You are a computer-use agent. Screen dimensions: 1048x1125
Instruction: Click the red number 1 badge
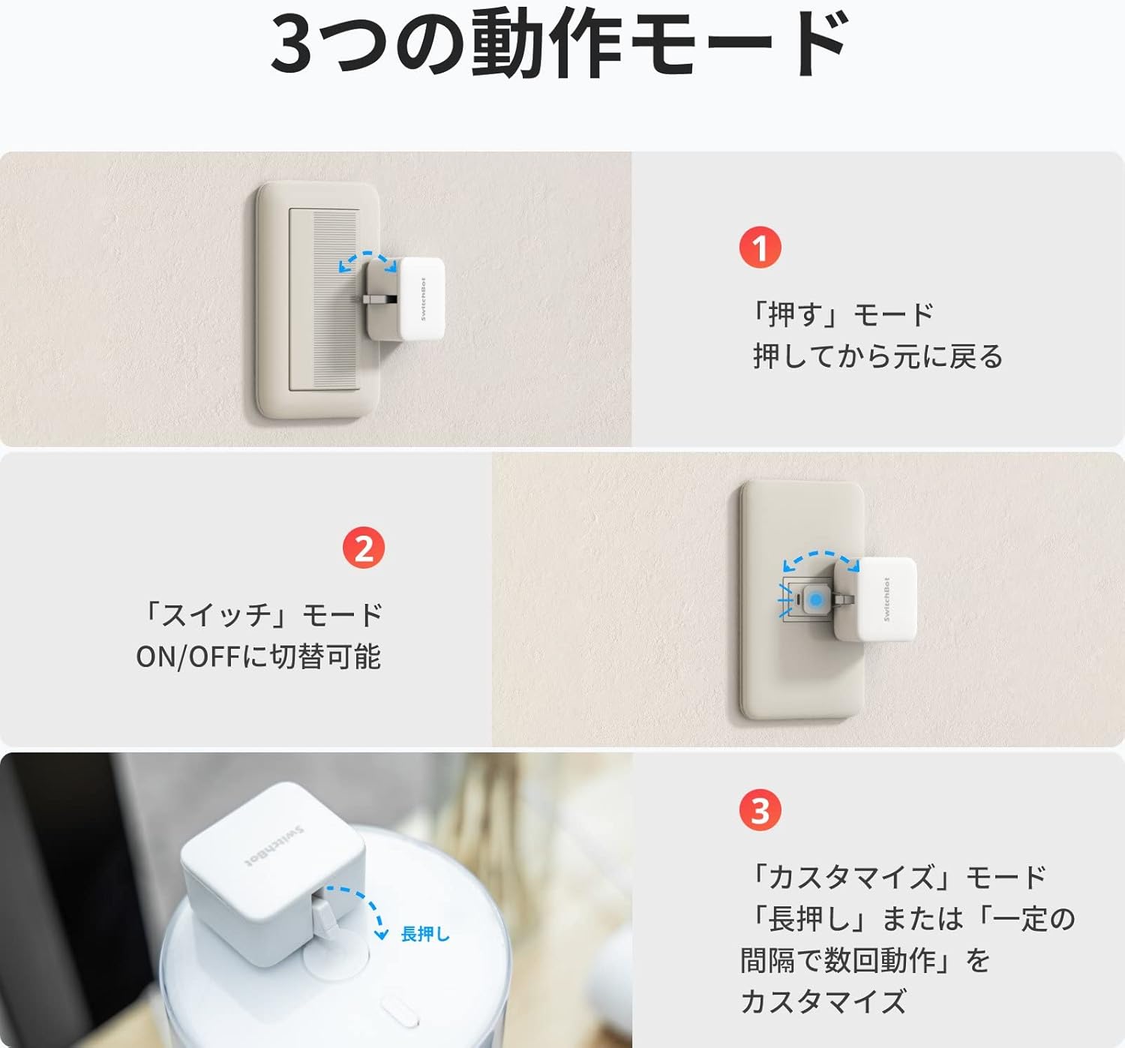click(x=760, y=248)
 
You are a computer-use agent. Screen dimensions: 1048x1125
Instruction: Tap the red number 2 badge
click(x=364, y=548)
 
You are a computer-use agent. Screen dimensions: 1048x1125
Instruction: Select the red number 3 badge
click(x=760, y=810)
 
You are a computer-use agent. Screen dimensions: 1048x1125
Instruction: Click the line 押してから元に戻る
click(x=877, y=356)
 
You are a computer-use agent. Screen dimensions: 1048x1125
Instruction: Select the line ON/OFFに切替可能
click(x=259, y=656)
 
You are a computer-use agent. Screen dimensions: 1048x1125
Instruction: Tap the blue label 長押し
click(x=425, y=934)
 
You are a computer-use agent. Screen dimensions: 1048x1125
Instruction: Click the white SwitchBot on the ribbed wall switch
click(x=420, y=298)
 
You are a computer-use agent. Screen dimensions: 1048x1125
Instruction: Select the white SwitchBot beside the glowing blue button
click(x=885, y=599)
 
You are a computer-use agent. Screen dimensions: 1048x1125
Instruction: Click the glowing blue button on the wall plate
click(x=815, y=600)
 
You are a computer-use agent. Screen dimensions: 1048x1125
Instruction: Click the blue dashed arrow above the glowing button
click(x=820, y=559)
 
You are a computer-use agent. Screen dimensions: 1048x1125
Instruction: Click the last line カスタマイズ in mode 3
click(x=823, y=1001)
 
